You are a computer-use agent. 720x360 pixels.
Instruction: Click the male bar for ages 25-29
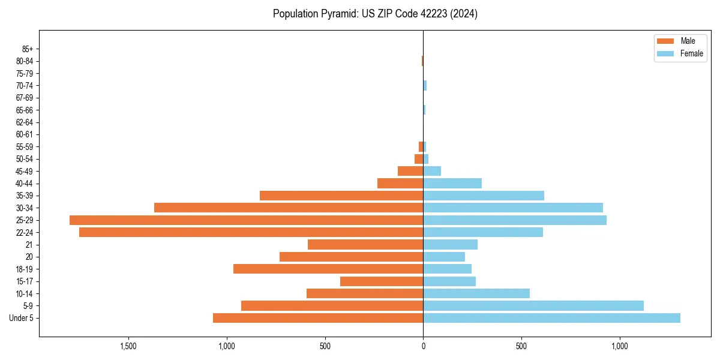(246, 220)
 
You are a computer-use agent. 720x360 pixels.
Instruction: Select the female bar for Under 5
(551, 318)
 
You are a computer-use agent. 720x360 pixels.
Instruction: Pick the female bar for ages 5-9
(533, 306)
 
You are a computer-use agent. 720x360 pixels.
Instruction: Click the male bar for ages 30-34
(289, 208)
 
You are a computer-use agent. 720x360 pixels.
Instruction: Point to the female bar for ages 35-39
(484, 196)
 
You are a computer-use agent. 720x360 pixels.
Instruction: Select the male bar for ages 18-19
(328, 269)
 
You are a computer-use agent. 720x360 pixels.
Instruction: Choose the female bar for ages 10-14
(476, 293)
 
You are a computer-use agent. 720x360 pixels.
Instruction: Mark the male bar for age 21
(365, 245)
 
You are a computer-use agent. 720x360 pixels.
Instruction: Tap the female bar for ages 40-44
(452, 184)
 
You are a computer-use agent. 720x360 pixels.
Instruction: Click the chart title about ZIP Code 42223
(375, 14)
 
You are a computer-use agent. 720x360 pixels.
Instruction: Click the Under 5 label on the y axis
(21, 318)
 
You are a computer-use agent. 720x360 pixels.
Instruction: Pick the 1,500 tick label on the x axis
(128, 346)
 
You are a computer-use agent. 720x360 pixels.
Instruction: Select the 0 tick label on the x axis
(423, 346)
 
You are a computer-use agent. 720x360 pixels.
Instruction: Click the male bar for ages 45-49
(410, 171)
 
